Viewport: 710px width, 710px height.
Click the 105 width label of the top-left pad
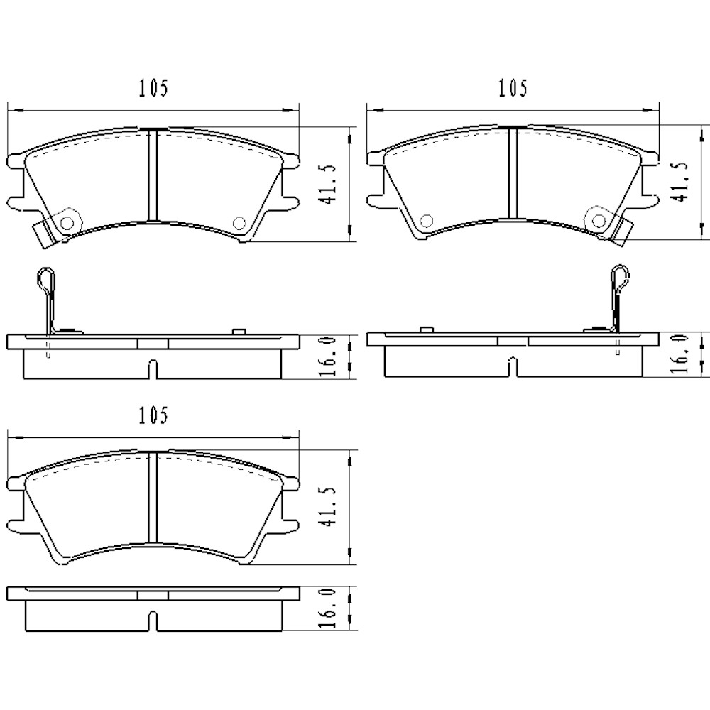tap(153, 89)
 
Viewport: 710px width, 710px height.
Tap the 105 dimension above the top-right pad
tap(513, 89)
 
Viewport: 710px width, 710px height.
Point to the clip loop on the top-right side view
tap(620, 277)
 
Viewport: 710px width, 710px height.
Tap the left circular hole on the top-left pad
tap(67, 222)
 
